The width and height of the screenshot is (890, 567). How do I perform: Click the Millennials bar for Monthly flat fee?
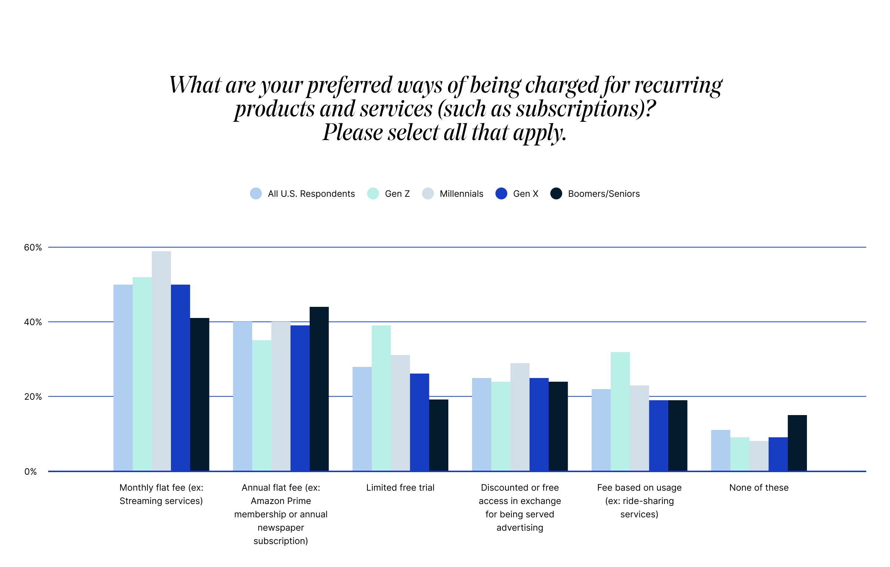point(161,361)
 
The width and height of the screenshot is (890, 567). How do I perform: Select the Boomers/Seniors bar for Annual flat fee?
point(319,389)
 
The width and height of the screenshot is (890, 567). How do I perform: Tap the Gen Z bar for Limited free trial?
point(381,398)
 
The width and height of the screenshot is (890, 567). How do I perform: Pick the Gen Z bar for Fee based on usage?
point(620,411)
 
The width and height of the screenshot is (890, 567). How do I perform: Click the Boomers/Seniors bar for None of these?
point(797,443)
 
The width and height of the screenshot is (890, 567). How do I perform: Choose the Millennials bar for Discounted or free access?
point(520,417)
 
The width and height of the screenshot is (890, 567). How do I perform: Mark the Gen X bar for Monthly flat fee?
point(181,378)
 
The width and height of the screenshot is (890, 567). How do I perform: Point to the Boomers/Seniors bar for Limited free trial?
point(439,435)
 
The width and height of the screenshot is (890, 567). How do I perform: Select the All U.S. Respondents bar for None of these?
point(721,450)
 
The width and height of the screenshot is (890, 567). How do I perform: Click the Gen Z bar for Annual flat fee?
point(262,406)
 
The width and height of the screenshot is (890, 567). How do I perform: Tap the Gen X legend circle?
point(501,193)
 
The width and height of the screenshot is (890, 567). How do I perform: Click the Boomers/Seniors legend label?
point(604,194)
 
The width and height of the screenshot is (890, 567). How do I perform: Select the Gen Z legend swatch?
point(373,193)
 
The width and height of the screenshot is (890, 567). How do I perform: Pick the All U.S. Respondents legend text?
point(311,194)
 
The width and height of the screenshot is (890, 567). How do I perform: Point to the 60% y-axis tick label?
point(33,248)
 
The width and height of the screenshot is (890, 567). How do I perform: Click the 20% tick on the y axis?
point(33,397)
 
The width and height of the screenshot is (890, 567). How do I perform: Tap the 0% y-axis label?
point(30,472)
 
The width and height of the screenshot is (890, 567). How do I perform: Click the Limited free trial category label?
point(400,488)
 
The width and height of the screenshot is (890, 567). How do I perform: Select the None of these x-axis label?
point(759,488)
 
